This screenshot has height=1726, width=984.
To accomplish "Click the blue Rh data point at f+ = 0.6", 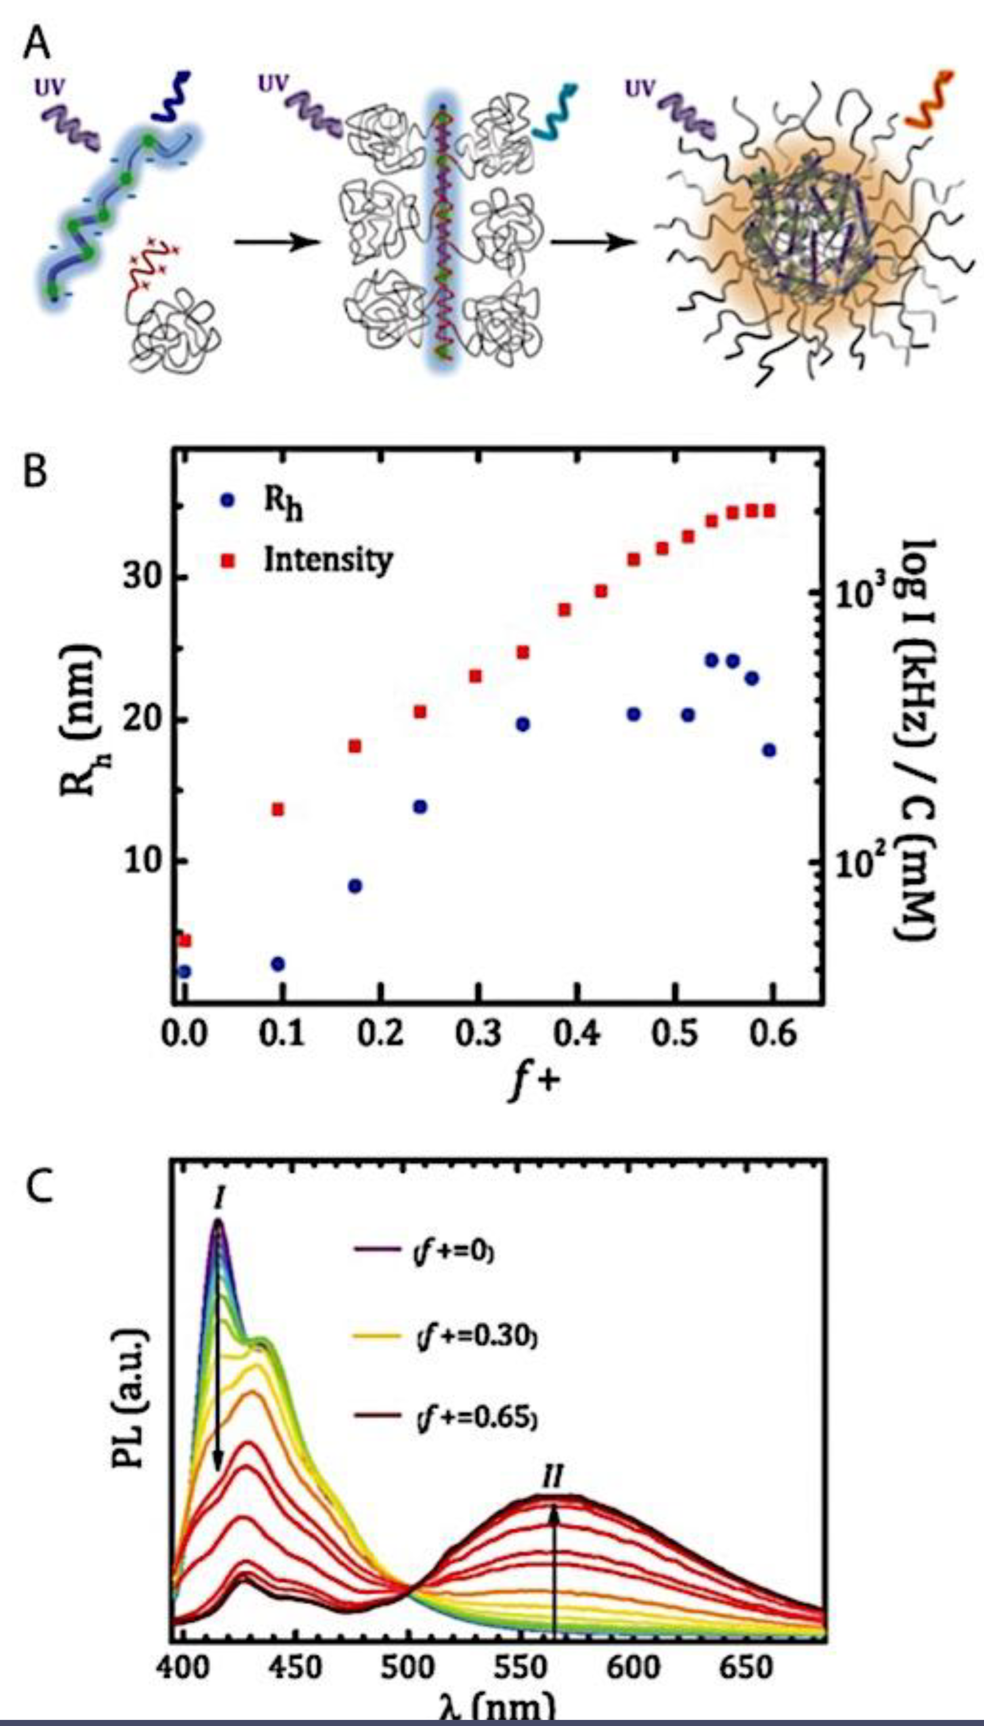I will tap(769, 750).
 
